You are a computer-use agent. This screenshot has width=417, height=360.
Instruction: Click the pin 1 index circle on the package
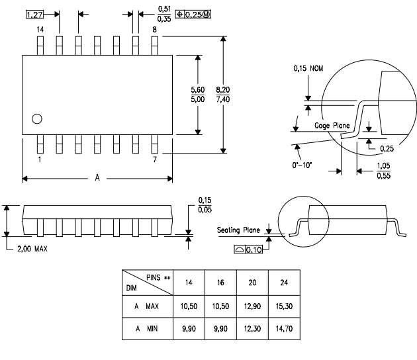coord(37,119)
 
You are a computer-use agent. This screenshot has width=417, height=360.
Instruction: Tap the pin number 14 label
coord(40,30)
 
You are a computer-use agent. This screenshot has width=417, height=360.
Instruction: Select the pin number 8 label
coord(154,30)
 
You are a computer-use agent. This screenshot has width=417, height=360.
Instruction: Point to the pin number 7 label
coord(154,160)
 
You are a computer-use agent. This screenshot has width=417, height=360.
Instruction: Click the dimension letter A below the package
coord(98,178)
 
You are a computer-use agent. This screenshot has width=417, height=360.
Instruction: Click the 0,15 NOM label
coord(310,66)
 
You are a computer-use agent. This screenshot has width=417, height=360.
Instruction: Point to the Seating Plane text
coord(240,230)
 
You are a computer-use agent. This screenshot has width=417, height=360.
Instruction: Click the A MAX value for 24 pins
coord(284,307)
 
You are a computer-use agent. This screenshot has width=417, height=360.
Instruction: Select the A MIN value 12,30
coord(251,329)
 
